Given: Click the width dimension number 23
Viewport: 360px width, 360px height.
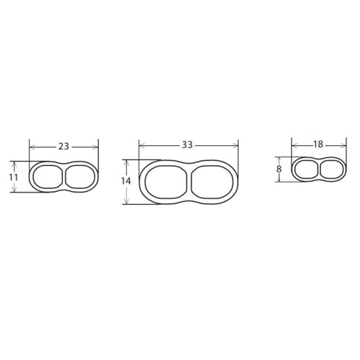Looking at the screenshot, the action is [x=64, y=146].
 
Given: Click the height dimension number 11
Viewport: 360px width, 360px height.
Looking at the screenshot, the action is [x=13, y=177].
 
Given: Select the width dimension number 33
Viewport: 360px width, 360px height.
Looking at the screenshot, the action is [x=187, y=145].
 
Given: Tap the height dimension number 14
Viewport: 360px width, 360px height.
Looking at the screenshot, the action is [x=126, y=181].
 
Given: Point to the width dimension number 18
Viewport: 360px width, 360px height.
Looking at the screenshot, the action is [x=318, y=145].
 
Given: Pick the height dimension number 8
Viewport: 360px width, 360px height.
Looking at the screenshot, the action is [x=279, y=169].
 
